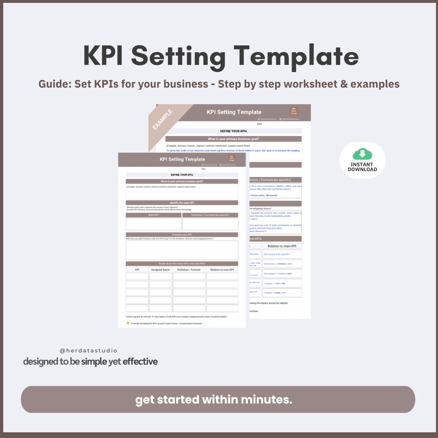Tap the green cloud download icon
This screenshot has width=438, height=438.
point(362,154)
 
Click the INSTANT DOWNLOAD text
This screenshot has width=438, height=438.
point(362,167)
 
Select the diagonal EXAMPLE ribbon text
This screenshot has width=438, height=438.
point(163,119)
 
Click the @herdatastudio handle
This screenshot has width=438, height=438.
point(88,350)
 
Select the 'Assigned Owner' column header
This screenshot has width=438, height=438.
point(161,270)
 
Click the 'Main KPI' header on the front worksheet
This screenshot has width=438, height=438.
point(153,215)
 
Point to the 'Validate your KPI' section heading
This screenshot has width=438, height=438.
point(182,235)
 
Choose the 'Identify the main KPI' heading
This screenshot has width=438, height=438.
point(182,203)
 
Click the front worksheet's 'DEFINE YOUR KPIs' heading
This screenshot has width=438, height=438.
point(182,175)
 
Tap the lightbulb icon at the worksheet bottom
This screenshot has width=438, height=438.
point(128,323)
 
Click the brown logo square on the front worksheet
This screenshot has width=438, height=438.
point(232,158)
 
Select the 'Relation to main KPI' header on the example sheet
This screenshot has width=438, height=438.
point(282,246)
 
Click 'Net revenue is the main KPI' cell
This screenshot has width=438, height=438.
point(277,254)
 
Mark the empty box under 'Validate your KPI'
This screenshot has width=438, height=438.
point(182,250)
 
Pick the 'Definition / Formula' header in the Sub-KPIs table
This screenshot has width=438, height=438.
point(189,270)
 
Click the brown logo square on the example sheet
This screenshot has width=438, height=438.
point(294,111)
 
